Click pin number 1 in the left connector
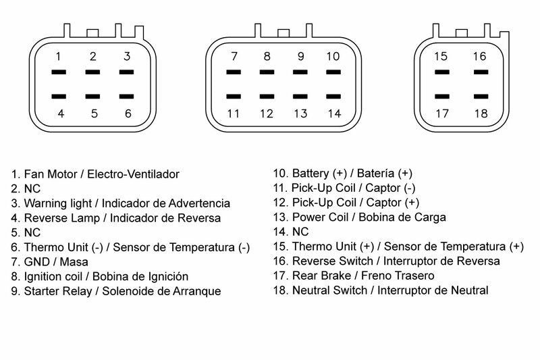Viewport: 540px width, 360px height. click(59, 56)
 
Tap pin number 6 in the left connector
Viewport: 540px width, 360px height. click(128, 113)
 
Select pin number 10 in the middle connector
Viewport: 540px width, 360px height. click(333, 56)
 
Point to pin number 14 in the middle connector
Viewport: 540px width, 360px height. click(334, 113)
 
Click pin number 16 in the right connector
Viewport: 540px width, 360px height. click(479, 56)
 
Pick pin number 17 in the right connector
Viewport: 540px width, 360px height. click(441, 113)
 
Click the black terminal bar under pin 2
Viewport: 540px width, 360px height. click(93, 72)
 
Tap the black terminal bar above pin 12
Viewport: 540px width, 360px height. click(267, 97)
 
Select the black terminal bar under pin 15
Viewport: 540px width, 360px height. click(441, 72)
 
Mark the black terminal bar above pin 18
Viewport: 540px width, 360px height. click(480, 97)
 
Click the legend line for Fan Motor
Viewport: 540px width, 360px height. click(95, 174)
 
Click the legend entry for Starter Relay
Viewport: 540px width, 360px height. click(115, 291)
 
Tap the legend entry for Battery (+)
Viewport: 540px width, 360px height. click(342, 174)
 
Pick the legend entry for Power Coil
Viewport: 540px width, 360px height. click(359, 217)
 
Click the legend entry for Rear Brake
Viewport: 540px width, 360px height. click(354, 276)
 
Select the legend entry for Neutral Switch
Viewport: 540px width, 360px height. click(381, 290)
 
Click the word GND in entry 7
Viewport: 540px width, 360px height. click(36, 261)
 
